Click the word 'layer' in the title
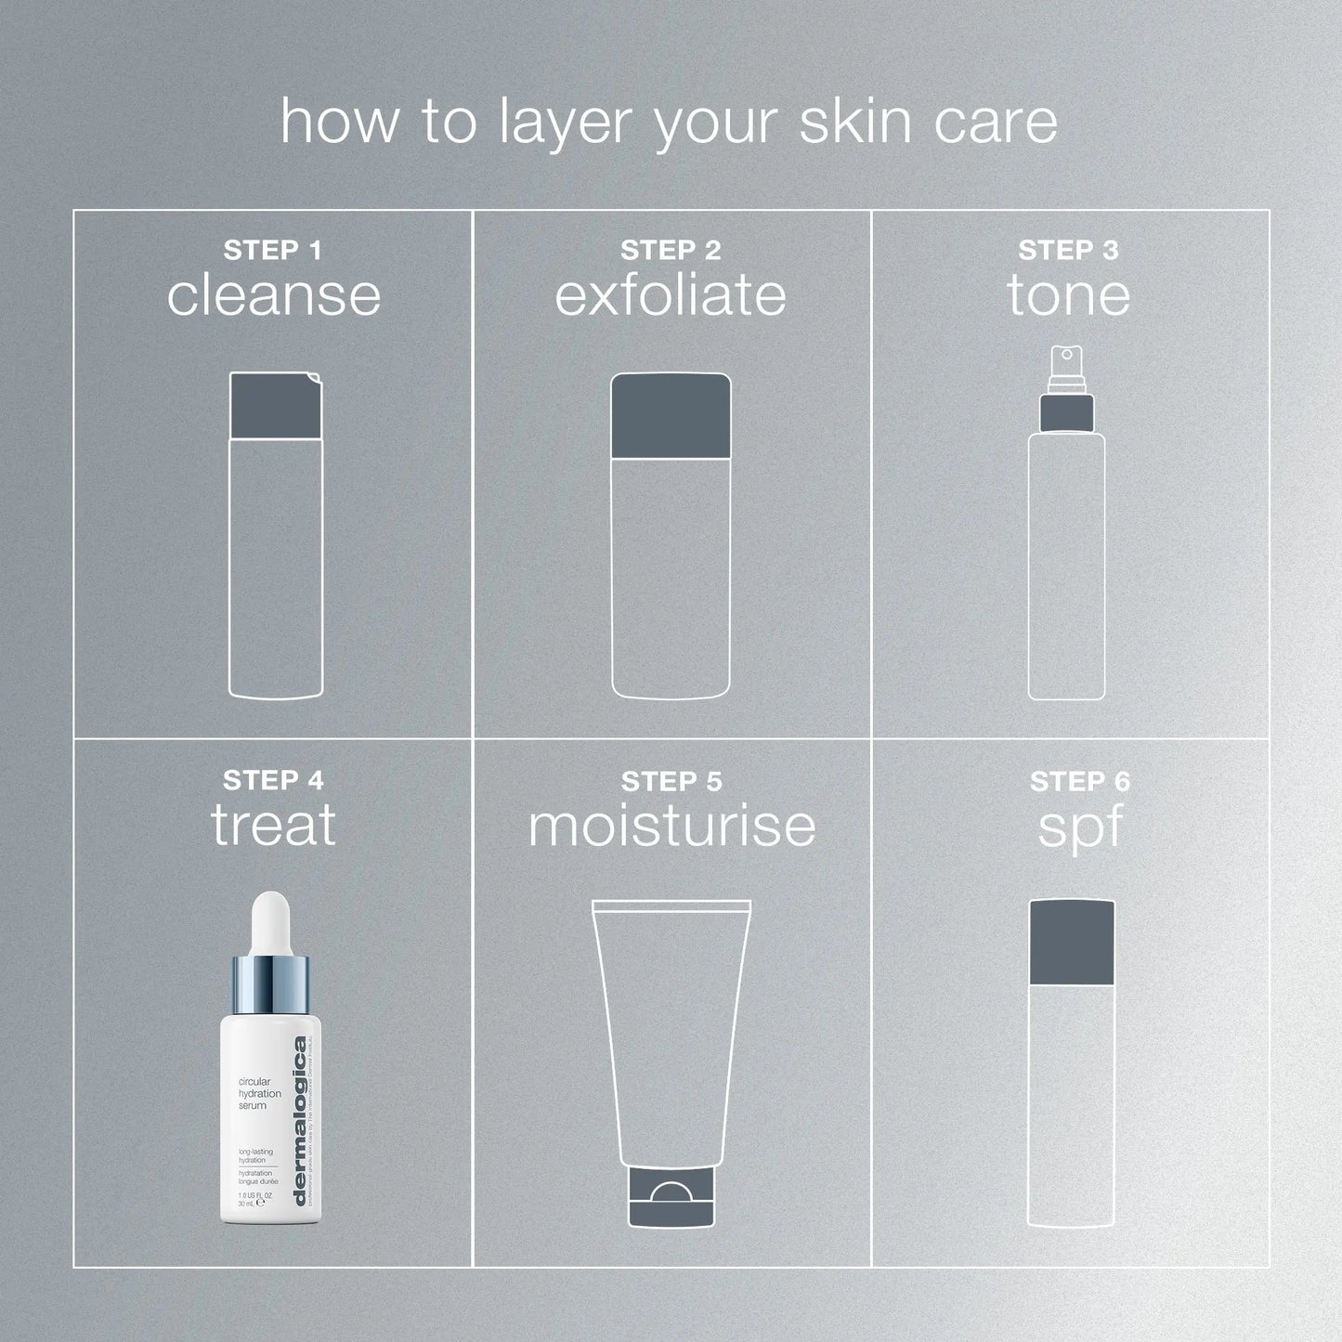(567, 123)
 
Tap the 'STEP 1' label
(272, 251)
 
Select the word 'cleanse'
(274, 295)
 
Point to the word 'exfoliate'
(671, 295)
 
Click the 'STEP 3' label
(1068, 251)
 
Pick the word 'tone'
(1068, 295)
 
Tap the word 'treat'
(273, 825)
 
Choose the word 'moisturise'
(671, 825)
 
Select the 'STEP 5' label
(671, 782)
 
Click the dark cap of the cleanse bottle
(276, 406)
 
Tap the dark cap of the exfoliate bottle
(671, 415)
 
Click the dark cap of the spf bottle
(1071, 942)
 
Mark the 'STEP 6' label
(1080, 782)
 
